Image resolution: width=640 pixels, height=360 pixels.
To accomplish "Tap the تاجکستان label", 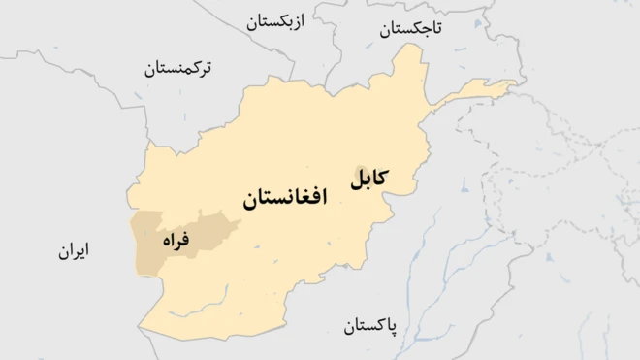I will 409,29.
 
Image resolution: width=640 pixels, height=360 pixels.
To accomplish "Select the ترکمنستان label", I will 178,68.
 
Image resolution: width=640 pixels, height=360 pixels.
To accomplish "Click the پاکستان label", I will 375,325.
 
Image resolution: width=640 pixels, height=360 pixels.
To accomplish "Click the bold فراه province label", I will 176,238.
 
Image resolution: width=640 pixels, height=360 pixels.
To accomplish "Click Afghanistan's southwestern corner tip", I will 140,328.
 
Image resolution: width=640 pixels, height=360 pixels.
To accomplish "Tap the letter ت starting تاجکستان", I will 436,29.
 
